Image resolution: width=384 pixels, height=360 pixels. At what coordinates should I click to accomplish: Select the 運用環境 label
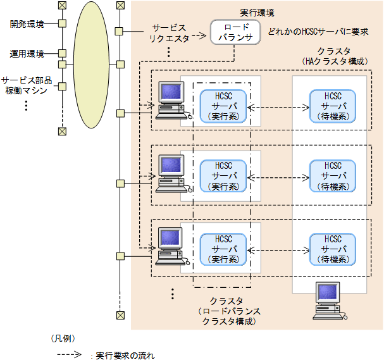(x=27, y=54)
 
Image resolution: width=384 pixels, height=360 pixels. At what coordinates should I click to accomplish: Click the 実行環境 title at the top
(x=257, y=12)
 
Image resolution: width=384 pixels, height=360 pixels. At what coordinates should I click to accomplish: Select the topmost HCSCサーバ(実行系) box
(x=224, y=106)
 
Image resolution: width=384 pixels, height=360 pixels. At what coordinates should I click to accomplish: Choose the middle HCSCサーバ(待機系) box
(x=332, y=176)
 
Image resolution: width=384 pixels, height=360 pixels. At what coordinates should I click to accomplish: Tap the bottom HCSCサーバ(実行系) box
(x=224, y=249)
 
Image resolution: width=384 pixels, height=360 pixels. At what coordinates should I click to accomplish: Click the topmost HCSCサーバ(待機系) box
(x=332, y=106)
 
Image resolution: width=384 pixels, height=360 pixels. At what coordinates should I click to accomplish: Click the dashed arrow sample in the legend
(x=69, y=356)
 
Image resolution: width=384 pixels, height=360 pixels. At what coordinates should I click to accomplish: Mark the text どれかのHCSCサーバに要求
(x=318, y=30)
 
